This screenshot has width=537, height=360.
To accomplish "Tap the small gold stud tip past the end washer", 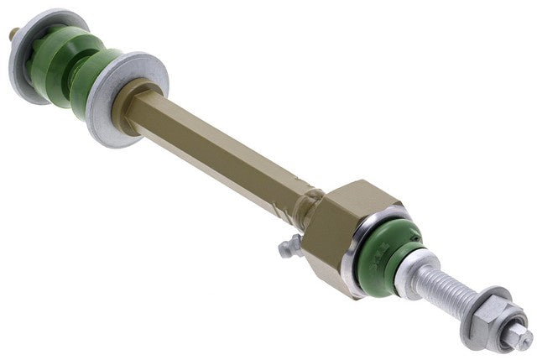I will click(13, 34).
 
